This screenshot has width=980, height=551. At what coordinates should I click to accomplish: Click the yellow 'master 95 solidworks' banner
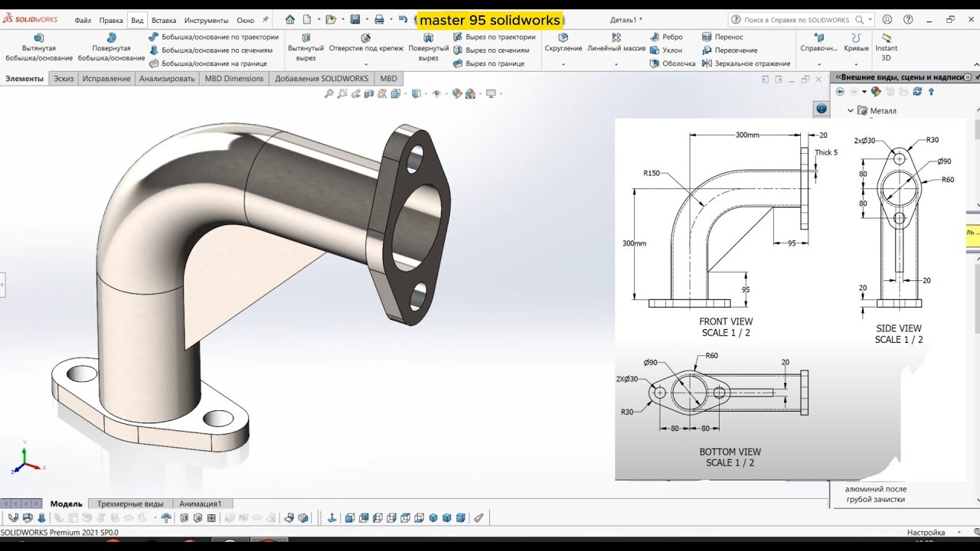click(x=489, y=20)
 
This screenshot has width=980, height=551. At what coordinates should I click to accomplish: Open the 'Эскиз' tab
click(x=64, y=78)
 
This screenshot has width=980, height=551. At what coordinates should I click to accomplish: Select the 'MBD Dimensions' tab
click(x=234, y=78)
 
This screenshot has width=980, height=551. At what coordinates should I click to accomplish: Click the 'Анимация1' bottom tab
click(x=200, y=504)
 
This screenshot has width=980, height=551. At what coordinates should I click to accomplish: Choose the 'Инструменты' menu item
click(x=206, y=21)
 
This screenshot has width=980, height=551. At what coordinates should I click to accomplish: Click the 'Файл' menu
click(x=83, y=21)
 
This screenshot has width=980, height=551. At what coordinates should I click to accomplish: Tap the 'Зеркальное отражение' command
click(x=746, y=64)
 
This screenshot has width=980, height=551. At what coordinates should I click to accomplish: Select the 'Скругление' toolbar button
click(x=563, y=43)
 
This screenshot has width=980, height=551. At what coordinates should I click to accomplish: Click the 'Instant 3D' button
click(x=886, y=47)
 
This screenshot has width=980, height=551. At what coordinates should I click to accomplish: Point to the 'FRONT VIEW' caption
click(x=726, y=321)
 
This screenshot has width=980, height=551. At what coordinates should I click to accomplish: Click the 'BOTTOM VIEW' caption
click(x=730, y=452)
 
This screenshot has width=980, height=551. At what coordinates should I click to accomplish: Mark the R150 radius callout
click(x=652, y=174)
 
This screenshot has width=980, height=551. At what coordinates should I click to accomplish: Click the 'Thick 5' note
click(x=826, y=152)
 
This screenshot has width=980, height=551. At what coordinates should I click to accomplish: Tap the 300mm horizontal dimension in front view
click(x=746, y=135)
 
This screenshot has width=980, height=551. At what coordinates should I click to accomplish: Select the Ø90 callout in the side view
click(x=943, y=161)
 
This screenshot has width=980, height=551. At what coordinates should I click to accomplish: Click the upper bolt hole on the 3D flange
click(x=415, y=158)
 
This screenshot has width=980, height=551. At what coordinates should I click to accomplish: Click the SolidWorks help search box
click(x=796, y=20)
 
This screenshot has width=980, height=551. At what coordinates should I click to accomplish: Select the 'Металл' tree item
click(x=883, y=111)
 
